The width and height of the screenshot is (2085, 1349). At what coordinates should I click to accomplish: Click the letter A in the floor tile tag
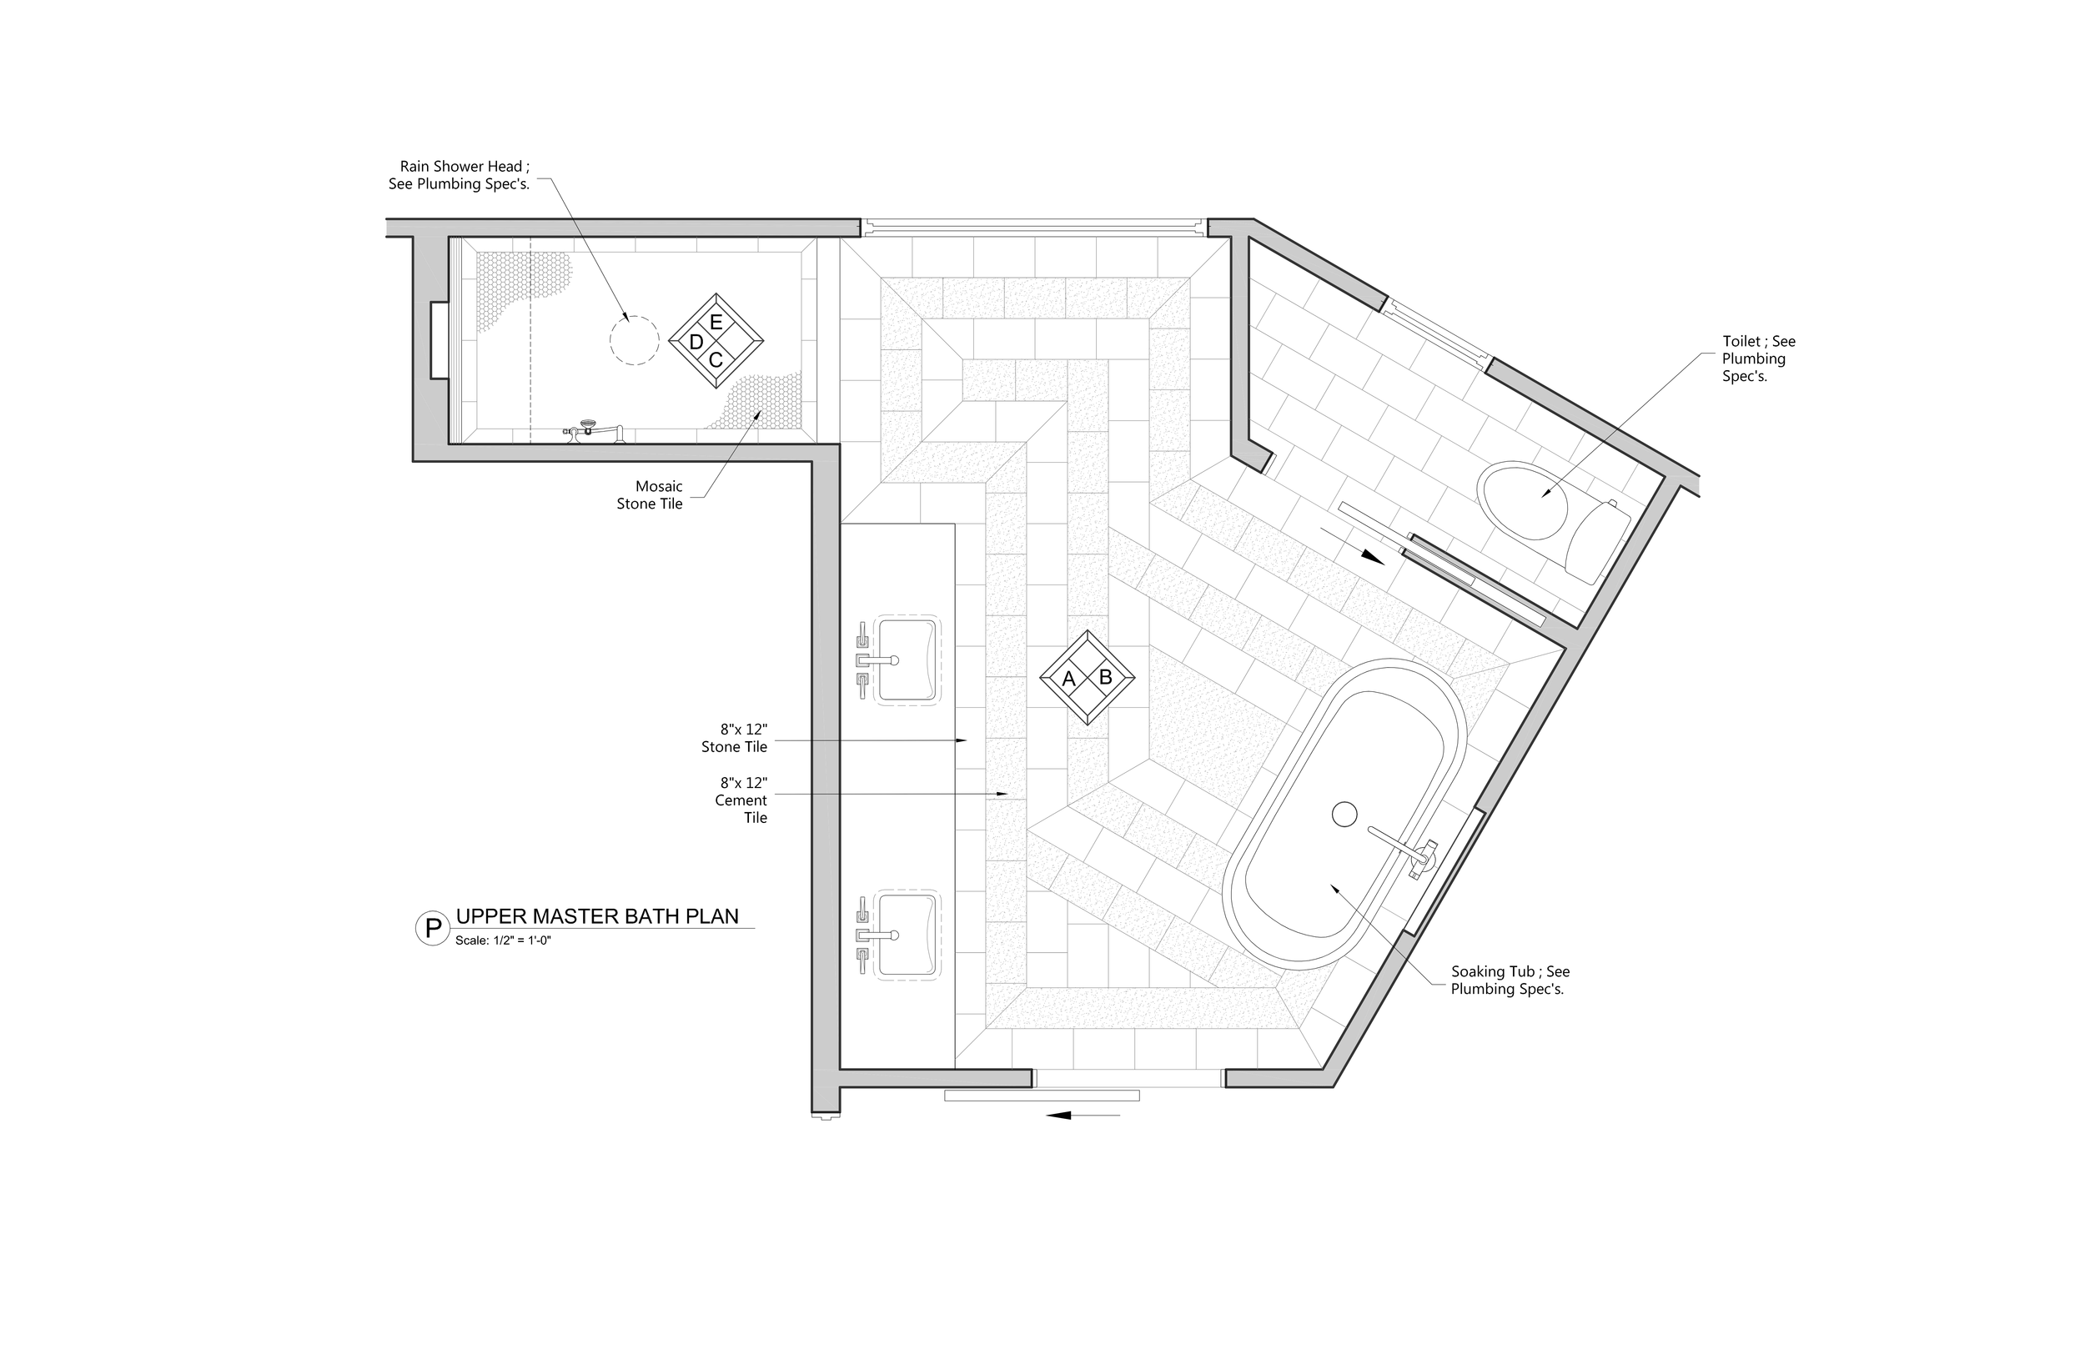click(x=1069, y=679)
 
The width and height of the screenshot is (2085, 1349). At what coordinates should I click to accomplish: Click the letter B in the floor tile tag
click(x=1106, y=677)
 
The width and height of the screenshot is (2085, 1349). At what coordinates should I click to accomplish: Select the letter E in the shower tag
click(x=716, y=323)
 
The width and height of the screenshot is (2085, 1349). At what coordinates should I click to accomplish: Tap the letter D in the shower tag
click(x=696, y=343)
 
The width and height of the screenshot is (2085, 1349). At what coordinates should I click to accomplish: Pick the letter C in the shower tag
click(x=716, y=360)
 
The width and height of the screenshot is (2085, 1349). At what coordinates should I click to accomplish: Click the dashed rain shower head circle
click(x=633, y=340)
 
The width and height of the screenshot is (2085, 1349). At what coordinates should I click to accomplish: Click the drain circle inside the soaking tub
click(x=1344, y=815)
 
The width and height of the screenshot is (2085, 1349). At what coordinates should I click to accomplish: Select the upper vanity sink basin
click(x=907, y=659)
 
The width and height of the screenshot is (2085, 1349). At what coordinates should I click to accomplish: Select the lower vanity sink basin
click(x=907, y=935)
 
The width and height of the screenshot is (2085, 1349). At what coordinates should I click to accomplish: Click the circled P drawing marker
click(x=432, y=929)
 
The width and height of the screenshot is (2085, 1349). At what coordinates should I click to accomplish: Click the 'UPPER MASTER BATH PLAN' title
click(x=597, y=917)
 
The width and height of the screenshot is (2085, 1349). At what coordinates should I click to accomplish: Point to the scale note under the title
click(x=503, y=941)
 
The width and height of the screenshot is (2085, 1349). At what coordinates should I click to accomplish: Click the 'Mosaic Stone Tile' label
click(x=649, y=495)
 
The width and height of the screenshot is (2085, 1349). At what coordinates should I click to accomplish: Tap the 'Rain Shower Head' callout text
click(x=459, y=175)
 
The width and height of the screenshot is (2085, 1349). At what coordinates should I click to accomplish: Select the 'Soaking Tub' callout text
click(x=1510, y=980)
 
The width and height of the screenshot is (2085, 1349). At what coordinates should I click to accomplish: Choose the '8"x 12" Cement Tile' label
click(x=741, y=800)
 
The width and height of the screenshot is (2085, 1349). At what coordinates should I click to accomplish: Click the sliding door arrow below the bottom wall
click(x=1083, y=1115)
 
